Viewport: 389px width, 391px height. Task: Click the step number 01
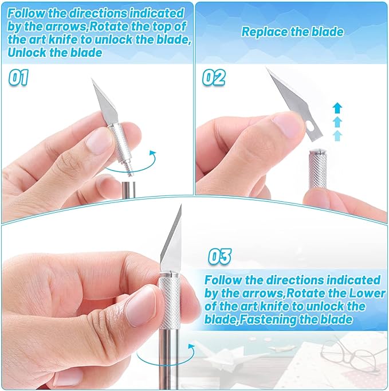[18, 77]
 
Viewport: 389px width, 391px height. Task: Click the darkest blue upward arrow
[337, 107]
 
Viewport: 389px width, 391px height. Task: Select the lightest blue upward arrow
[337, 135]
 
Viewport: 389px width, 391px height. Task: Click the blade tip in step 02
[268, 70]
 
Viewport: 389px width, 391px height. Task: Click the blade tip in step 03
[179, 207]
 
